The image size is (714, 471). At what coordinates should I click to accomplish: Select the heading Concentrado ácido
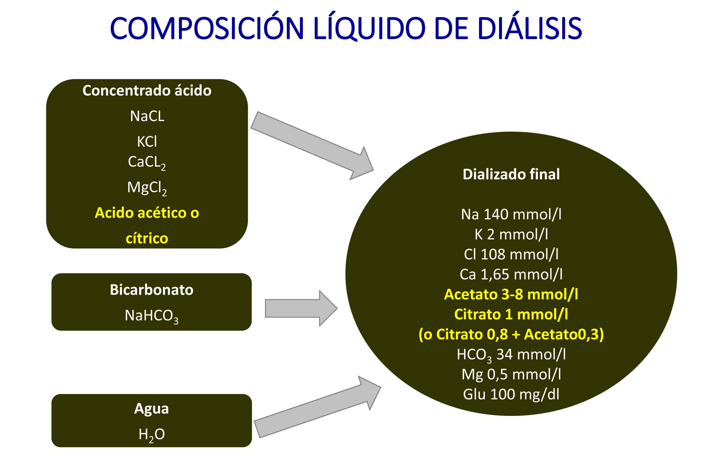coord(147,90)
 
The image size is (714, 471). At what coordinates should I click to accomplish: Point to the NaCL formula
coord(147,116)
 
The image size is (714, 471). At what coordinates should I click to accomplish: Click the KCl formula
coord(147,141)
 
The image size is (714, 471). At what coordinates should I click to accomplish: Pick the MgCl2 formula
coord(147,188)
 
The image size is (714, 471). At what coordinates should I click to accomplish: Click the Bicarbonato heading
coord(151,290)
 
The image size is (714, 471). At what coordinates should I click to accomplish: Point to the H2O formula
coord(151,435)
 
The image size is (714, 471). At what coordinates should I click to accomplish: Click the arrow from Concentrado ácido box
coord(312,146)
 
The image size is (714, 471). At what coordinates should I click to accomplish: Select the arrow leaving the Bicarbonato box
coord(301,308)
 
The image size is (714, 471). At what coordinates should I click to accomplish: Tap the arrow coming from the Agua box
coord(317,407)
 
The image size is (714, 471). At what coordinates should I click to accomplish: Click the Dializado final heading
coord(511,174)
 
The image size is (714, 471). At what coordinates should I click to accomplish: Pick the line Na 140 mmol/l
coord(511,214)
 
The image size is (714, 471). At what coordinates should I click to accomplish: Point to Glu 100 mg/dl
coord(511,394)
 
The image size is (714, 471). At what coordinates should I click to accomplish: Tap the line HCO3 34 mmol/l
coord(511,355)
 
